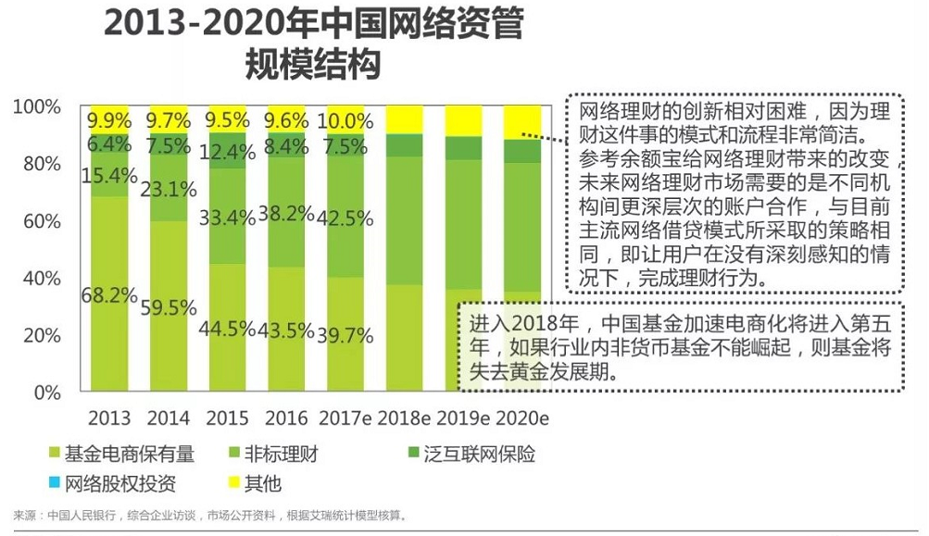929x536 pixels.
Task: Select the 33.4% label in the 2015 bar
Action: pyautogui.click(x=227, y=218)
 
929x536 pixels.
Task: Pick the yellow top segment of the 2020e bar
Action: pyautogui.click(x=522, y=121)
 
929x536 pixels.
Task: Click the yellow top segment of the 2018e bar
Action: pyautogui.click(x=404, y=119)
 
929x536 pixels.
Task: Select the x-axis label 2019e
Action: pyautogui.click(x=464, y=418)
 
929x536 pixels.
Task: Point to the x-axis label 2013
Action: pyautogui.click(x=109, y=418)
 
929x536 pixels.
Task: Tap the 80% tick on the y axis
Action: pyautogui.click(x=36, y=164)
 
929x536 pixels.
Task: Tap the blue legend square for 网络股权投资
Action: pyautogui.click(x=54, y=483)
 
